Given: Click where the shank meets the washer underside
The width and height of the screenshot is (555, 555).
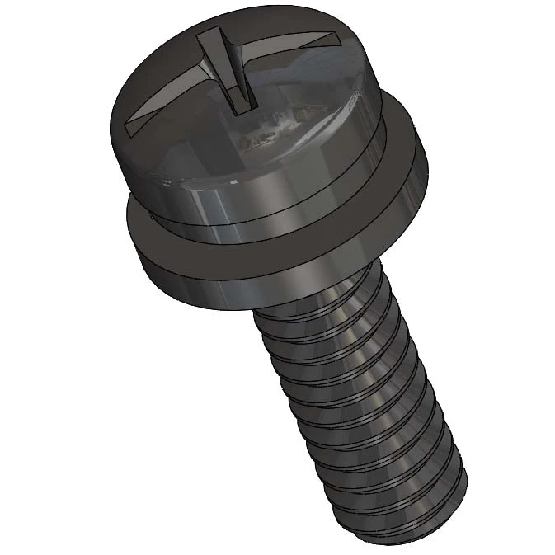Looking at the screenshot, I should (313, 297).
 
